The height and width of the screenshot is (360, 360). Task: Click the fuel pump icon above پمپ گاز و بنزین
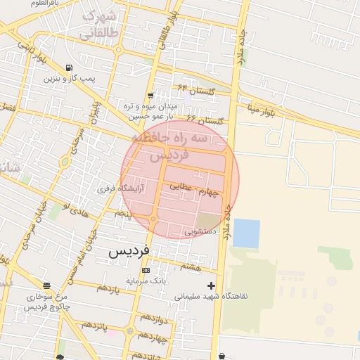[x=68, y=68]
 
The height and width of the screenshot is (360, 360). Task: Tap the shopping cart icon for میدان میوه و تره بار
[x=150, y=96]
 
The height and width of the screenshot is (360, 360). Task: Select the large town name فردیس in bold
[x=128, y=251]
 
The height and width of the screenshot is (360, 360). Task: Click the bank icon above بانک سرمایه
[x=146, y=270]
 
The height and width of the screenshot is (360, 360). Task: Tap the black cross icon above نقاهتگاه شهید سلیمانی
[x=211, y=285]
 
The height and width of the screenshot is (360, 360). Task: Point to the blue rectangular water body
[x=246, y=233]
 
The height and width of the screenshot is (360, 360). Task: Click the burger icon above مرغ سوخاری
[x=46, y=285]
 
